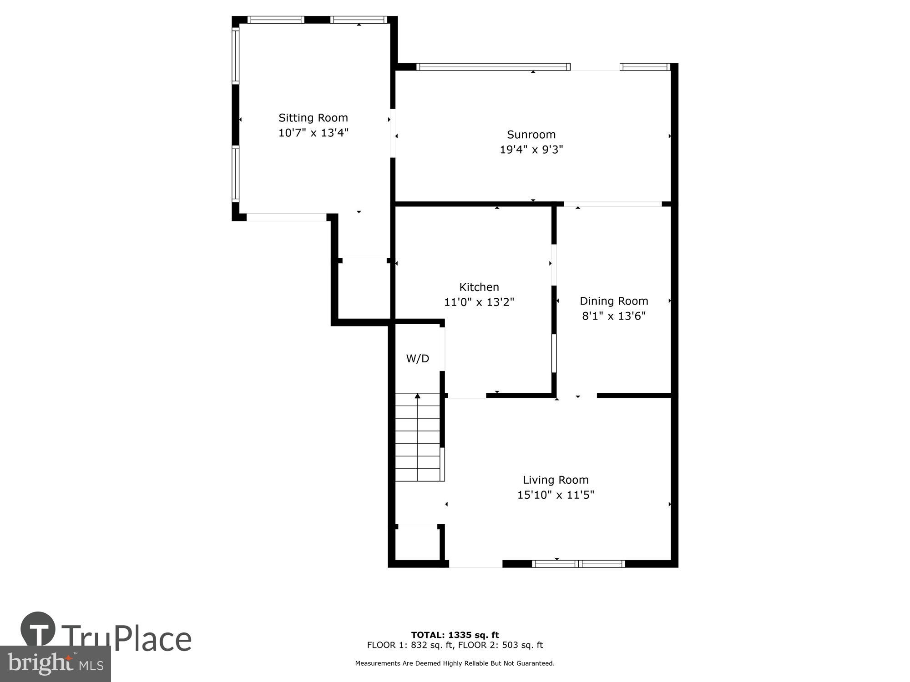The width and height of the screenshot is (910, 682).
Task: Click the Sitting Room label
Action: click(x=313, y=118)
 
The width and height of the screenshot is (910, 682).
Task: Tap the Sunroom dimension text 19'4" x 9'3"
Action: click(x=531, y=150)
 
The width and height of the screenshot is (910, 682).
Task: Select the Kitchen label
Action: click(x=479, y=287)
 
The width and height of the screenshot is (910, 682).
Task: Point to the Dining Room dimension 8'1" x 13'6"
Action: click(x=614, y=316)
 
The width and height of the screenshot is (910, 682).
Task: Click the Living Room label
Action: click(x=556, y=480)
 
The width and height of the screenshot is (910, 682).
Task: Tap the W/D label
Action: click(x=417, y=359)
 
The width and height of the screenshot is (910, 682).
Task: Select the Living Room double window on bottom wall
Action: click(x=578, y=564)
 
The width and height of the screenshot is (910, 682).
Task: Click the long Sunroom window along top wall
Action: click(x=493, y=67)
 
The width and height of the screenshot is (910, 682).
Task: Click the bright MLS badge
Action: click(x=56, y=664)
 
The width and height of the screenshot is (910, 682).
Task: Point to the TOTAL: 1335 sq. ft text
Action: click(x=455, y=635)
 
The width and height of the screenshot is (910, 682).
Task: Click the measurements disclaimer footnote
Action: click(x=455, y=663)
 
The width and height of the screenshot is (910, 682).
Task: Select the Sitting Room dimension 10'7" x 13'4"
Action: click(x=313, y=133)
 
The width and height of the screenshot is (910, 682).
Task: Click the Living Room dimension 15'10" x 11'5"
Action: click(x=556, y=495)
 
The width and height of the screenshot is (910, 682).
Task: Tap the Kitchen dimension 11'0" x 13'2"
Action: click(x=479, y=302)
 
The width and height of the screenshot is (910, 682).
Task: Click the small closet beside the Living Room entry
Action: click(x=417, y=544)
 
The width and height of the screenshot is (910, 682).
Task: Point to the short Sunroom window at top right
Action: click(x=646, y=67)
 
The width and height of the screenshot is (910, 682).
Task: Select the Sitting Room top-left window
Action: click(x=276, y=20)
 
